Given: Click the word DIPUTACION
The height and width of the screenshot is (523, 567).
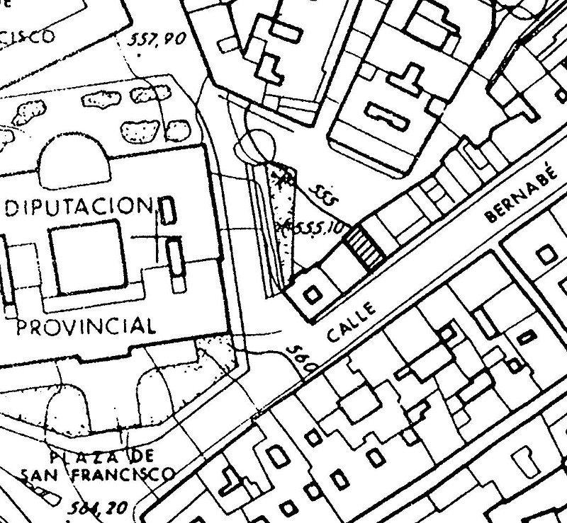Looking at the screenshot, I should point(79,208).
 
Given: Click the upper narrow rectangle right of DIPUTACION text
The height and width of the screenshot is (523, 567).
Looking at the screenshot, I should point(168,212).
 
